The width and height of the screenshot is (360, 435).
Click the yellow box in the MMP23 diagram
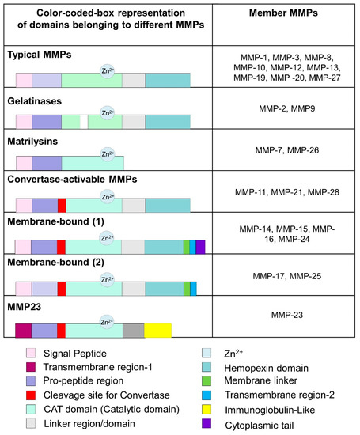158,329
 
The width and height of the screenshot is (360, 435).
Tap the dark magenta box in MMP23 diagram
24,329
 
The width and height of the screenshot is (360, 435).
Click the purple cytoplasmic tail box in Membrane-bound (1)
200,248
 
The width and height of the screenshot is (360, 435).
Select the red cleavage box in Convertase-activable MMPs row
62,205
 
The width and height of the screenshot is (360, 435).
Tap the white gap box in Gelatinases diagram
84,122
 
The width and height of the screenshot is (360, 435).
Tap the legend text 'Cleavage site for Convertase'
104,398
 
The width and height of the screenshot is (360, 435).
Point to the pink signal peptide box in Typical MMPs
24,81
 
